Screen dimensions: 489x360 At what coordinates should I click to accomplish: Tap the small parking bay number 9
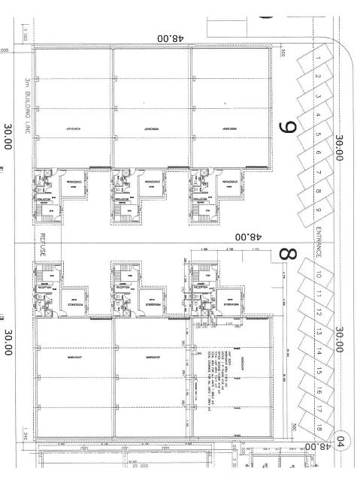click(319, 210)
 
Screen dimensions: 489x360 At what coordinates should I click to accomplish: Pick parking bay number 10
click(319, 276)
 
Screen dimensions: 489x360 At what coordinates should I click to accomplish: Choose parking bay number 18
click(319, 428)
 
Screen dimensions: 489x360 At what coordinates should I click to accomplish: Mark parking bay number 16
click(319, 391)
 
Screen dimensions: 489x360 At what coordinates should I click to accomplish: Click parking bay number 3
click(319, 96)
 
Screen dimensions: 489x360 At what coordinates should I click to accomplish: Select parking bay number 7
click(319, 172)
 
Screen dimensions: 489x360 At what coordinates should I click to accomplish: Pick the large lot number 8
click(286, 252)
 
